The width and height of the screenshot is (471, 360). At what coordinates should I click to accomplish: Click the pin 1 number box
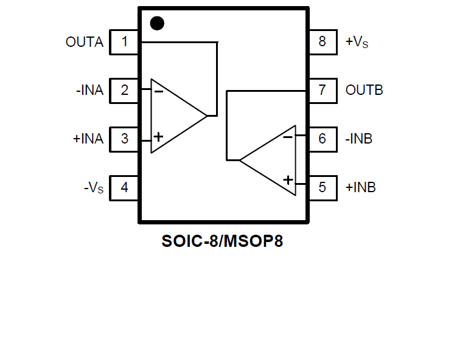click(125, 42)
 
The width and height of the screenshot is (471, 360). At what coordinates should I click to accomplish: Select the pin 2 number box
click(125, 91)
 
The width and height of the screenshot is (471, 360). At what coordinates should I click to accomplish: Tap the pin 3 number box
click(125, 139)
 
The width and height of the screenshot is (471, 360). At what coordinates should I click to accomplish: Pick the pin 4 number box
click(125, 187)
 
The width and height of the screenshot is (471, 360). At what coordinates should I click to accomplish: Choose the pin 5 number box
click(323, 187)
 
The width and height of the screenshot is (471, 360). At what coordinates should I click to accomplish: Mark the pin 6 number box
click(323, 139)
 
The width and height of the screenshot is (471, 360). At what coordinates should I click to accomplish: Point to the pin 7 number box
click(323, 91)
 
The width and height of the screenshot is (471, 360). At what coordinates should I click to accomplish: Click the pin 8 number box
click(323, 42)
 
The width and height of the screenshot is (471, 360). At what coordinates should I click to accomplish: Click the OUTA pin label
click(85, 43)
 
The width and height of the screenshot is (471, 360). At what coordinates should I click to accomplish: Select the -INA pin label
click(89, 91)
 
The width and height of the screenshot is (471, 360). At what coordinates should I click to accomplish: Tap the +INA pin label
click(88, 139)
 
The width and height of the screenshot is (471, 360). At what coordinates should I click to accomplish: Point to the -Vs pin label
click(94, 188)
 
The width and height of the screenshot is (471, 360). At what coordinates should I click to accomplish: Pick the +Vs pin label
click(357, 43)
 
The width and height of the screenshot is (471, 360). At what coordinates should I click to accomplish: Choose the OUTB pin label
click(364, 91)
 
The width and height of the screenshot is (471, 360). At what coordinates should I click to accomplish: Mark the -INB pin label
click(359, 139)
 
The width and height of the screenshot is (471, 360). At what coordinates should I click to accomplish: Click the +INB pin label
click(361, 188)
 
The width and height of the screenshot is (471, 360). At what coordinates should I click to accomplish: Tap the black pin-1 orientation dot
click(157, 24)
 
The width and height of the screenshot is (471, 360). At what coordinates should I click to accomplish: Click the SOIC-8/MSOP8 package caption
click(222, 241)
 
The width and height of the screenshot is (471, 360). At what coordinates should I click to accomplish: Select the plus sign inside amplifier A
click(158, 137)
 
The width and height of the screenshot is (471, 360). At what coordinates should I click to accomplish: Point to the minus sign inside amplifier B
click(288, 137)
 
